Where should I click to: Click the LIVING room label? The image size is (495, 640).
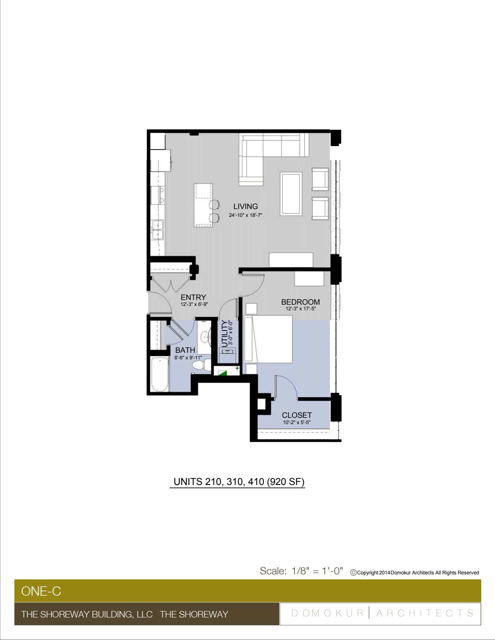tap(245, 207)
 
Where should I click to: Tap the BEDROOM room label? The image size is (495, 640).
tap(301, 302)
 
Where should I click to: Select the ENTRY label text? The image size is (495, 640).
tap(193, 297)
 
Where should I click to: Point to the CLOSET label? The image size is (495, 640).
tap(297, 415)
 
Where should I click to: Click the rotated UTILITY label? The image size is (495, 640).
tap(225, 334)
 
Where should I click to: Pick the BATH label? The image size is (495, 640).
tap(185, 350)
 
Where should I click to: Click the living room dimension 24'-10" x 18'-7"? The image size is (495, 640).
tap(245, 215)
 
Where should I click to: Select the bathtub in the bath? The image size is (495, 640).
tap(159, 374)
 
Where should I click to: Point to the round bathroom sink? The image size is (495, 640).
tap(205, 337)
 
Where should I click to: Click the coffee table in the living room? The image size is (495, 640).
tap(291, 194)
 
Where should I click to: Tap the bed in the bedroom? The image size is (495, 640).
tap(268, 339)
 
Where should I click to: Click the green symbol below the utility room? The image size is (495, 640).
tap(223, 372)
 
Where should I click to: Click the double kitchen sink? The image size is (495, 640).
tap(158, 230)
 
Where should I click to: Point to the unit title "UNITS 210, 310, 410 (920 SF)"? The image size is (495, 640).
tap(239, 482)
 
